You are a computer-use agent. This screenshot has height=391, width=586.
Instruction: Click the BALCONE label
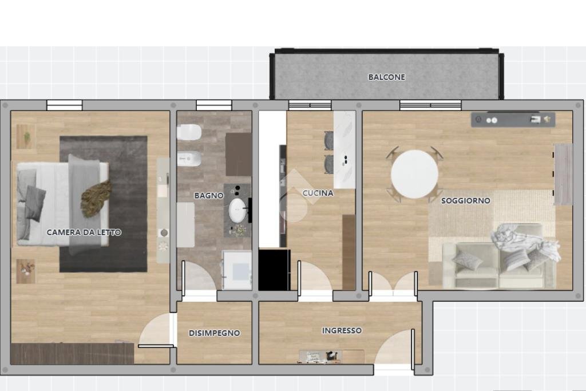coord(386,77)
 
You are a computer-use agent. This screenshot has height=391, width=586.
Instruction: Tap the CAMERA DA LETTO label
coord(84,232)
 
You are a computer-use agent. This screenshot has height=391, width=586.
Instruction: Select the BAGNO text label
coord(209,195)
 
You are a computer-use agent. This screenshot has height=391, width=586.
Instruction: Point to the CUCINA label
coord(318,193)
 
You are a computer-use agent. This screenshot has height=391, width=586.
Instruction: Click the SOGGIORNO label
coord(465,200)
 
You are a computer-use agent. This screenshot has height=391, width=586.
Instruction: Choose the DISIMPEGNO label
coord(214,333)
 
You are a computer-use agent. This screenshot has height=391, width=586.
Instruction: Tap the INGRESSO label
coord(342,330)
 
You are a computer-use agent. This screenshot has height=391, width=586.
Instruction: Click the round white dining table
coord(415,173)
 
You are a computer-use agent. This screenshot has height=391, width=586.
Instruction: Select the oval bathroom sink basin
coord(237,210)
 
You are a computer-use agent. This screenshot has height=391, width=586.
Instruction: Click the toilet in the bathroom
coord(188,133)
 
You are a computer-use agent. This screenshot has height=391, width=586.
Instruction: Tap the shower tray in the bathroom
coord(237,269)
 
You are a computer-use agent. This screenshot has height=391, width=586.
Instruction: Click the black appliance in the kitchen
coord(274,269)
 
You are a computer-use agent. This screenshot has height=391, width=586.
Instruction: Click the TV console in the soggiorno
coord(513,119)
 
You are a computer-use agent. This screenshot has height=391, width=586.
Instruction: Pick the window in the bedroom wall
coord(64,105)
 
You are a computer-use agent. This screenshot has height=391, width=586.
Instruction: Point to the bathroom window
coord(214,105)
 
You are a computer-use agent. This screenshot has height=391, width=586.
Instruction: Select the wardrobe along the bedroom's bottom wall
coord(72,353)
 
